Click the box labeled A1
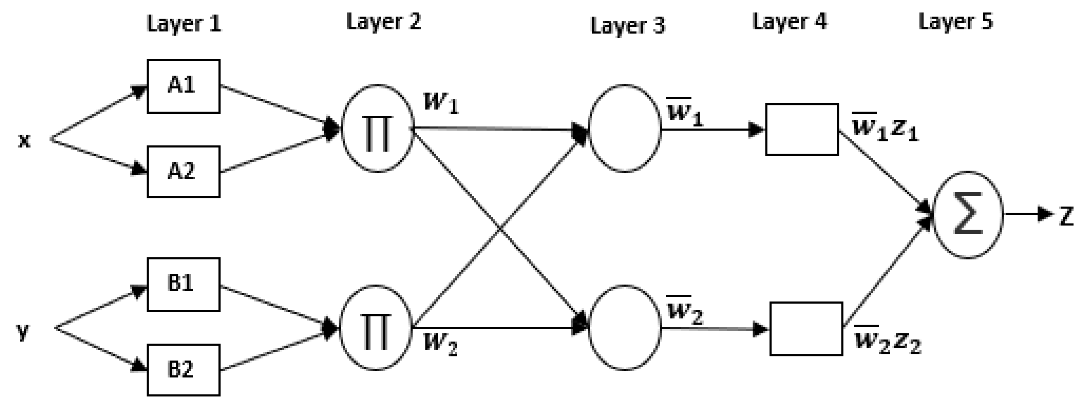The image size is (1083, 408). coord(183,86)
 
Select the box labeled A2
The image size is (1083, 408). coord(183,171)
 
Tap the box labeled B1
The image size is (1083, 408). coord(183,284)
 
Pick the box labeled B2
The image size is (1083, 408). coord(183,370)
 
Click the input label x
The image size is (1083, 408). coord(24,141)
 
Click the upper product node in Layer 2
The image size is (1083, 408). coord(377,129)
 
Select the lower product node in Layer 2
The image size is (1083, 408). coord(375,328)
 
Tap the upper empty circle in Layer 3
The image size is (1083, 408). coord(624,129)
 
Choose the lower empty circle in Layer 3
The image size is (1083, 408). coord(624,328)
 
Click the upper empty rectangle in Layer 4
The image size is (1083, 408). coord(802,129)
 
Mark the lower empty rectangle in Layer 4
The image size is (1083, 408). coord(806,329)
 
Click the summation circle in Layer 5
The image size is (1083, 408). coord(968,215)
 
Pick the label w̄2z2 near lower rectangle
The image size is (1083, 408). coord(887,341)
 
